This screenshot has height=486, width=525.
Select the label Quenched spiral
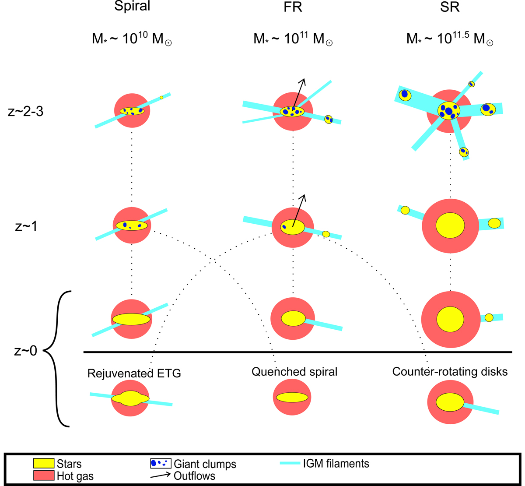point(294,372)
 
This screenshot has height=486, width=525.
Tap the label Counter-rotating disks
point(450,372)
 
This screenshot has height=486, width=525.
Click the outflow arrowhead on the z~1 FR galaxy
point(303,197)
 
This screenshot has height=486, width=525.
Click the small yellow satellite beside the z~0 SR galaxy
point(489,317)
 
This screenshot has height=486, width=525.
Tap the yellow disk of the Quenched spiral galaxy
point(293,397)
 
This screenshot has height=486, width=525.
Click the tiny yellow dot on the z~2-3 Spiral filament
point(161,98)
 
